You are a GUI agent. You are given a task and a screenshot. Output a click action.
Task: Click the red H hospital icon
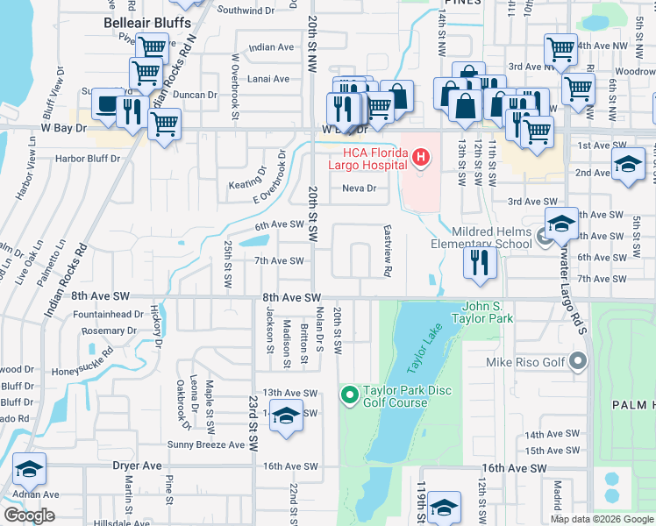coord(422,158)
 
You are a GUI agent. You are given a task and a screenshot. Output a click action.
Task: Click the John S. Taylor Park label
coord(474,313)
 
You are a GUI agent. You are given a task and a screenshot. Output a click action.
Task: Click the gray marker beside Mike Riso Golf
coord(577,360)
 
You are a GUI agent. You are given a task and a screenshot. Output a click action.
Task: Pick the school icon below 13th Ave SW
coord(286,416)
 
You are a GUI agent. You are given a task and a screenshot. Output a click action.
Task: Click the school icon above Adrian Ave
coord(29,472)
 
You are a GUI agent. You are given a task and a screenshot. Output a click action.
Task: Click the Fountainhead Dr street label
coord(108,314)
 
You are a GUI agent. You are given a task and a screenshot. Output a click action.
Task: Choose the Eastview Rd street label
coord(387,250)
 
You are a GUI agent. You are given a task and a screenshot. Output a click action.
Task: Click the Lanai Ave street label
coord(268,79)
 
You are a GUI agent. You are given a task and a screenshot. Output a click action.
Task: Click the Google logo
coord(29,515)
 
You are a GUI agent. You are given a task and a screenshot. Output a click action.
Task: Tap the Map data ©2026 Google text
coord(601,519)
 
